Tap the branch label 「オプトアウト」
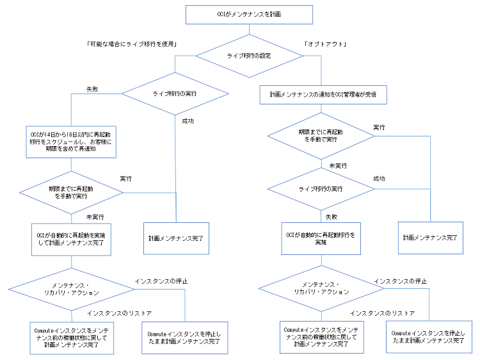click(326, 44)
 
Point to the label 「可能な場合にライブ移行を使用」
click(131, 44)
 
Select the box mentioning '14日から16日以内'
click(70, 141)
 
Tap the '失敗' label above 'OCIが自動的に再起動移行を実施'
click(330, 217)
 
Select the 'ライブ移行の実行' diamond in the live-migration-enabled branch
click(174, 94)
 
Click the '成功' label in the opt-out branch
click(378, 178)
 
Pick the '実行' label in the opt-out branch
click(378, 127)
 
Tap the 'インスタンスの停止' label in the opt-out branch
click(400, 281)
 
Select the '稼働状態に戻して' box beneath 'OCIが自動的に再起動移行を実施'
click(321, 337)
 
